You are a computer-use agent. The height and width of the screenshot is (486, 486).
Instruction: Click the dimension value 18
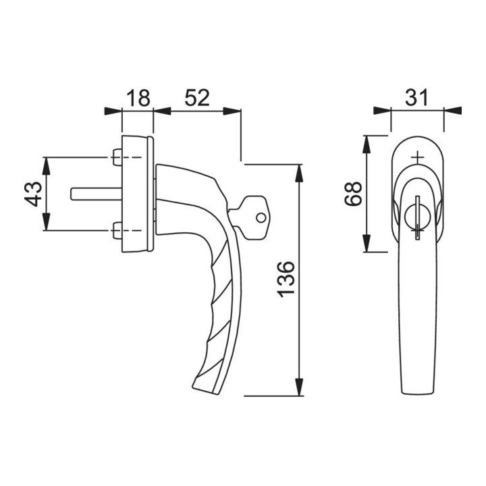coord(138,98)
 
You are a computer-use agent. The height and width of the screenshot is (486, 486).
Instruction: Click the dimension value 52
coord(197,98)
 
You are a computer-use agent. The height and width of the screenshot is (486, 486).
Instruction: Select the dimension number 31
coord(417,98)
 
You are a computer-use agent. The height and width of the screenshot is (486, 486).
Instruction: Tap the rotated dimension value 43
coord(33,194)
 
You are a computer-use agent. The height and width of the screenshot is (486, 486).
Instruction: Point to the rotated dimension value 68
coord(353,194)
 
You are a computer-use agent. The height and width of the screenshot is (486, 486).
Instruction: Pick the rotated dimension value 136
coord(286,279)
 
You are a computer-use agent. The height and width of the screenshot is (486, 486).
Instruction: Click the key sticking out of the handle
coord(250,217)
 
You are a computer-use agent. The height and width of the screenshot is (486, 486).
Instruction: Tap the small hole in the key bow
coord(261,218)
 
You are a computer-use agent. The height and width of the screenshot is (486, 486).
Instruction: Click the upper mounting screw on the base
coord(117,157)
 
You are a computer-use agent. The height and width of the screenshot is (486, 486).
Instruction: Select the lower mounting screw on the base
coord(117,231)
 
